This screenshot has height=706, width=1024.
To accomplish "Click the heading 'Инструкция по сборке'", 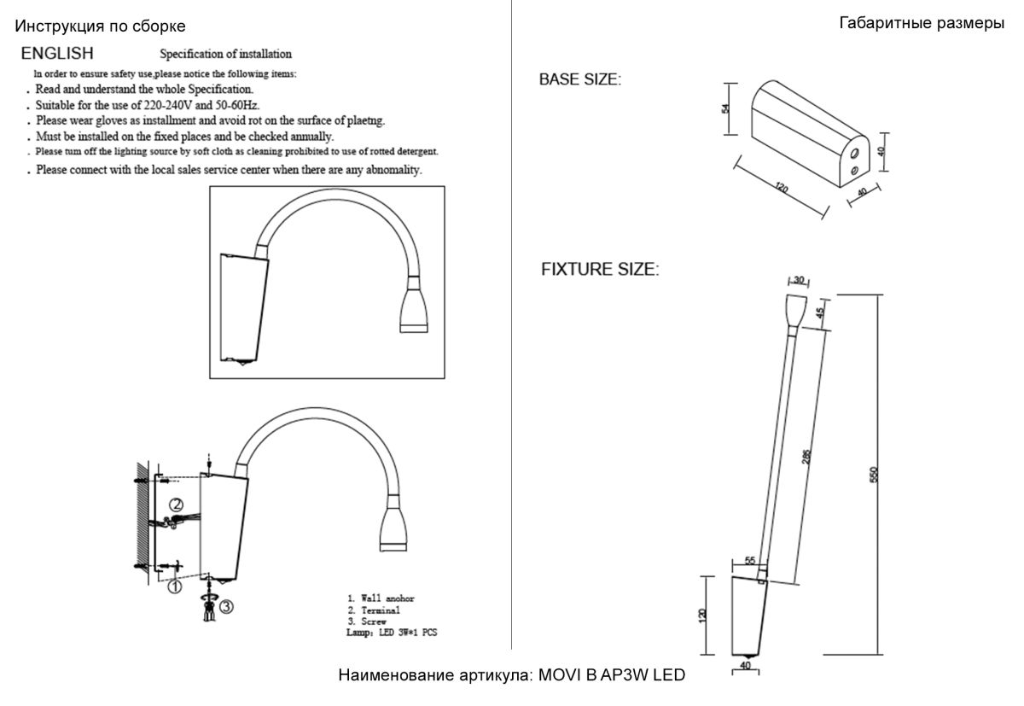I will point(100,27).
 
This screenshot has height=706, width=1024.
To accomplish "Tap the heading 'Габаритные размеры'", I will point(922,23).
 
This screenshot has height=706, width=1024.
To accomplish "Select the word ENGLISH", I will point(57,54).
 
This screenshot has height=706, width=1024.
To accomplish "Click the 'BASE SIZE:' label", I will point(579,79).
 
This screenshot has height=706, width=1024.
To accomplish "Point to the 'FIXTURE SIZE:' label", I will point(600,270).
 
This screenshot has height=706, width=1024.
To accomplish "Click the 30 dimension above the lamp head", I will point(799,280).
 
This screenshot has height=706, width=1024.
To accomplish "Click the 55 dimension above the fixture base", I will point(750,561).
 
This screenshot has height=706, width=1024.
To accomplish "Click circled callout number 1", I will point(174,586).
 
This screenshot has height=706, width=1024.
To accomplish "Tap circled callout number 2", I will point(175,505).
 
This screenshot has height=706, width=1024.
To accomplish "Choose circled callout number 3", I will point(226,606).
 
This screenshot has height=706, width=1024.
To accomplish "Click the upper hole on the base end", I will point(856,154).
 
